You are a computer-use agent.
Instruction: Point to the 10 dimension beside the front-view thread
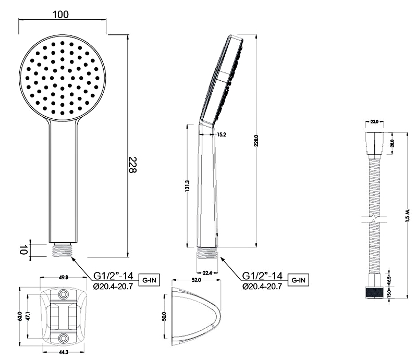[x=23, y=250]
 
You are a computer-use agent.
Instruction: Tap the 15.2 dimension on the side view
[x=220, y=134]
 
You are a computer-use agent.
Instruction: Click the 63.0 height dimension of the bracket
[x=20, y=316]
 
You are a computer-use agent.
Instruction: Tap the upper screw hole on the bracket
[x=64, y=295]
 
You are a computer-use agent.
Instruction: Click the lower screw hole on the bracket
[x=64, y=338]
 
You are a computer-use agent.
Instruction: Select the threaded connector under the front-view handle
[x=64, y=250]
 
